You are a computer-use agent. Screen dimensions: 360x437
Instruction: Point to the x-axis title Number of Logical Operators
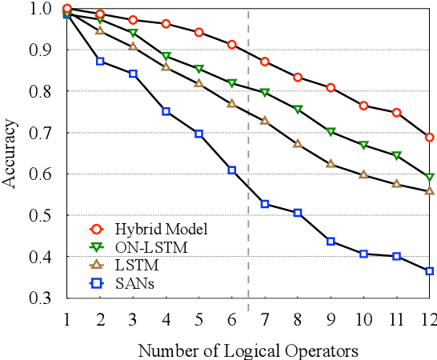[247, 350]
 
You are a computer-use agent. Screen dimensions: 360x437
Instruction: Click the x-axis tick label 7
[265, 319]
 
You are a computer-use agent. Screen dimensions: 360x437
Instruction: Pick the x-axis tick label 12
[429, 319]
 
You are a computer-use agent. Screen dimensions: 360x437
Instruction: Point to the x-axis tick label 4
[166, 319]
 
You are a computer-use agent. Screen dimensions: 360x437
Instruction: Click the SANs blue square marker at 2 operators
[100, 61]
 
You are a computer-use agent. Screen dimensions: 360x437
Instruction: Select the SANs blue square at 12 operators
[429, 271]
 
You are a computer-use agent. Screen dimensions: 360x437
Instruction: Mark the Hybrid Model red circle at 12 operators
[429, 138]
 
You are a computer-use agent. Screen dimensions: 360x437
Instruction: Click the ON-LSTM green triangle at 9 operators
[331, 131]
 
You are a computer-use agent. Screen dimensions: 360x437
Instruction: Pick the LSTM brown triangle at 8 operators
[298, 144]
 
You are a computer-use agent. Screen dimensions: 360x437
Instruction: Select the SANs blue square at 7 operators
[265, 204]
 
